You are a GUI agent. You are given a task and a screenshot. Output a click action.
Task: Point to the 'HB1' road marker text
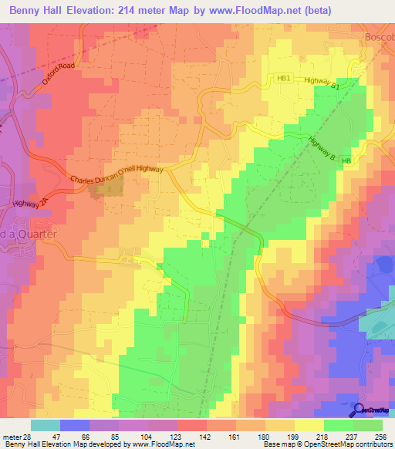[284, 79]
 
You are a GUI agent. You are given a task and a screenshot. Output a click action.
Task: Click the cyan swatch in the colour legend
[46, 425]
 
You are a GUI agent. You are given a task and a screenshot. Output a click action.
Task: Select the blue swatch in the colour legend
[75, 425]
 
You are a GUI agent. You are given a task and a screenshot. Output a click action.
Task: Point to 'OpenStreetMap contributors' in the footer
[339, 445]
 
